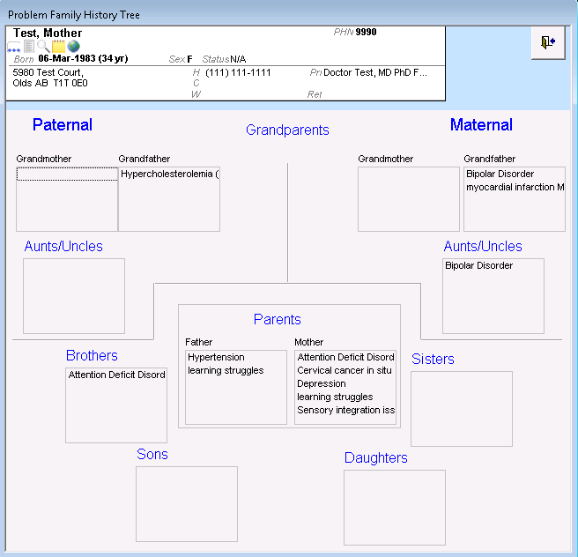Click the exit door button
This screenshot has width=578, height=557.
pyautogui.click(x=548, y=42)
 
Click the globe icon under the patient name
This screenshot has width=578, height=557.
pyautogui.click(x=74, y=47)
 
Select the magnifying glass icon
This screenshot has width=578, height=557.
pyautogui.click(x=43, y=47)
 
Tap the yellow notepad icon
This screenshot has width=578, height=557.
pyautogui.click(x=59, y=47)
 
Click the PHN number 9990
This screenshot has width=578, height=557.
pyautogui.click(x=366, y=32)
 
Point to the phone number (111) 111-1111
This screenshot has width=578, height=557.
pyautogui.click(x=238, y=72)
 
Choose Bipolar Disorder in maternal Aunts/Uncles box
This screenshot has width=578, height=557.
pyautogui.click(x=478, y=266)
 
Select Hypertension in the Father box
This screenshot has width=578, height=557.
pyautogui.click(x=216, y=357)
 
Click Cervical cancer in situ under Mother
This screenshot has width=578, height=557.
pyautogui.click(x=345, y=370)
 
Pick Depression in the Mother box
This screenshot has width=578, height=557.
pyautogui.click(x=322, y=383)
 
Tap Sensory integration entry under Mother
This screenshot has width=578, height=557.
pyautogui.click(x=345, y=411)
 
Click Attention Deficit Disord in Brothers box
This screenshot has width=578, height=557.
pyautogui.click(x=116, y=375)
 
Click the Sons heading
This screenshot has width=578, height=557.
pyautogui.click(x=152, y=454)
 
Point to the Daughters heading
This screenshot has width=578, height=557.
pyautogui.click(x=376, y=457)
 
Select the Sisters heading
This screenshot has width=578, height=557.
pyautogui.click(x=433, y=359)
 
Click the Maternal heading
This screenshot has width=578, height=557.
pyautogui.click(x=481, y=125)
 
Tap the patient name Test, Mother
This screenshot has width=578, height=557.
pyautogui.click(x=48, y=33)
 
